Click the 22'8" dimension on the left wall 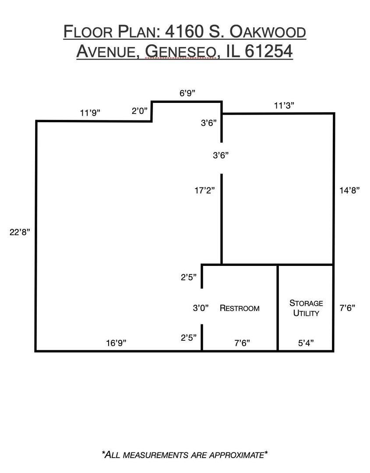20,232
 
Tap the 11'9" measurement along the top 90,113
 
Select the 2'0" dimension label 140,111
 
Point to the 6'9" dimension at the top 187,93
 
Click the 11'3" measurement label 284,106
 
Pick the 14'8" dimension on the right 349,191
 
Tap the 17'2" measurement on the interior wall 205,191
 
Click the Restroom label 240,308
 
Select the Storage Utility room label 306,308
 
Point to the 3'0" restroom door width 201,308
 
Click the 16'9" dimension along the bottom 116,343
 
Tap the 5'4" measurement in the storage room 306,343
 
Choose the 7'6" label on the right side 347,308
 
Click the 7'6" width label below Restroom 242,343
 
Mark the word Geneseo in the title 181,51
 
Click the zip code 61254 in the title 269,51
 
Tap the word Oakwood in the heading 268,32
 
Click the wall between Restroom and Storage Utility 278,308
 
